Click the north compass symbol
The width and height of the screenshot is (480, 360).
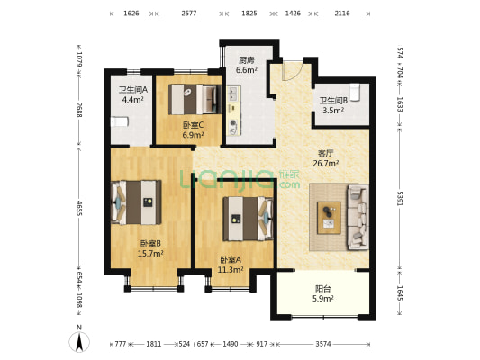(x=79, y=341)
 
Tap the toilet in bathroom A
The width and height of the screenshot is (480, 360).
(x=120, y=122)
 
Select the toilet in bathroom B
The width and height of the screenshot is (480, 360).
(x=355, y=93)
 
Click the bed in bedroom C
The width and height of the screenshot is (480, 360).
(x=195, y=99)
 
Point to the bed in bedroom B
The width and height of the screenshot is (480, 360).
(x=136, y=202)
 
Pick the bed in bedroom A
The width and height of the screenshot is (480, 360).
(x=248, y=219)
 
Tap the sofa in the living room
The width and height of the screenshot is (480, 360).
(x=358, y=217)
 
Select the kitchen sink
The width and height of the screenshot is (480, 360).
(x=233, y=94)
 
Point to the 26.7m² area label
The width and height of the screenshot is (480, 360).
(x=325, y=163)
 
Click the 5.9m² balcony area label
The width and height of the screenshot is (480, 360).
(x=322, y=299)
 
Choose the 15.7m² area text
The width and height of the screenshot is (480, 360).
(x=150, y=253)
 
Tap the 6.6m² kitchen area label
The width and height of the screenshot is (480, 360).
(x=246, y=70)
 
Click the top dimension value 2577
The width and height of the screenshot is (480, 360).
(x=189, y=13)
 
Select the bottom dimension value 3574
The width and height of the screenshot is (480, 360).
(x=323, y=344)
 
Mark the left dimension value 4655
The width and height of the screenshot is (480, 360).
(x=79, y=208)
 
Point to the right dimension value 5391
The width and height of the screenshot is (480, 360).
(x=400, y=199)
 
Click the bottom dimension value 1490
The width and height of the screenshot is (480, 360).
(x=231, y=344)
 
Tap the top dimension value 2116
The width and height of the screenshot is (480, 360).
(x=342, y=13)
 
